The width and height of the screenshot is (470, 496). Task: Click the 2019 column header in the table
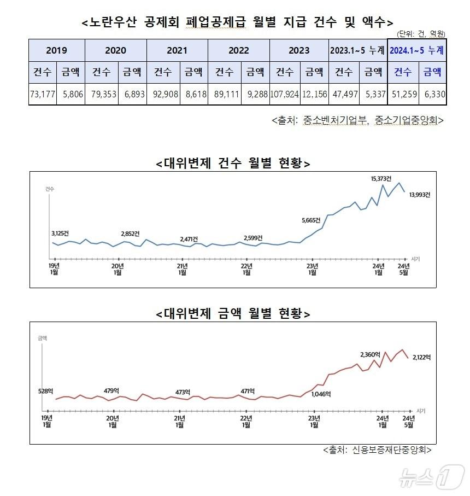tap(57, 50)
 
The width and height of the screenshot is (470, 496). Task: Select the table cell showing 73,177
tap(43, 94)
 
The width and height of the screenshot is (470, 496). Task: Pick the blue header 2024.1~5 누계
tap(416, 50)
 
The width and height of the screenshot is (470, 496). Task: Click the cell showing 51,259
tap(402, 94)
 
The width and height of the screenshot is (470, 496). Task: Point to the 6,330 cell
tap(433, 94)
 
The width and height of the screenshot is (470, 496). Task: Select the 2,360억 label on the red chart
tap(370, 354)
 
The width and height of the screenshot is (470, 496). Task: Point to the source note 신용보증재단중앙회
tap(378, 450)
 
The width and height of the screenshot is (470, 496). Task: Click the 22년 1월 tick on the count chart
tap(247, 269)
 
